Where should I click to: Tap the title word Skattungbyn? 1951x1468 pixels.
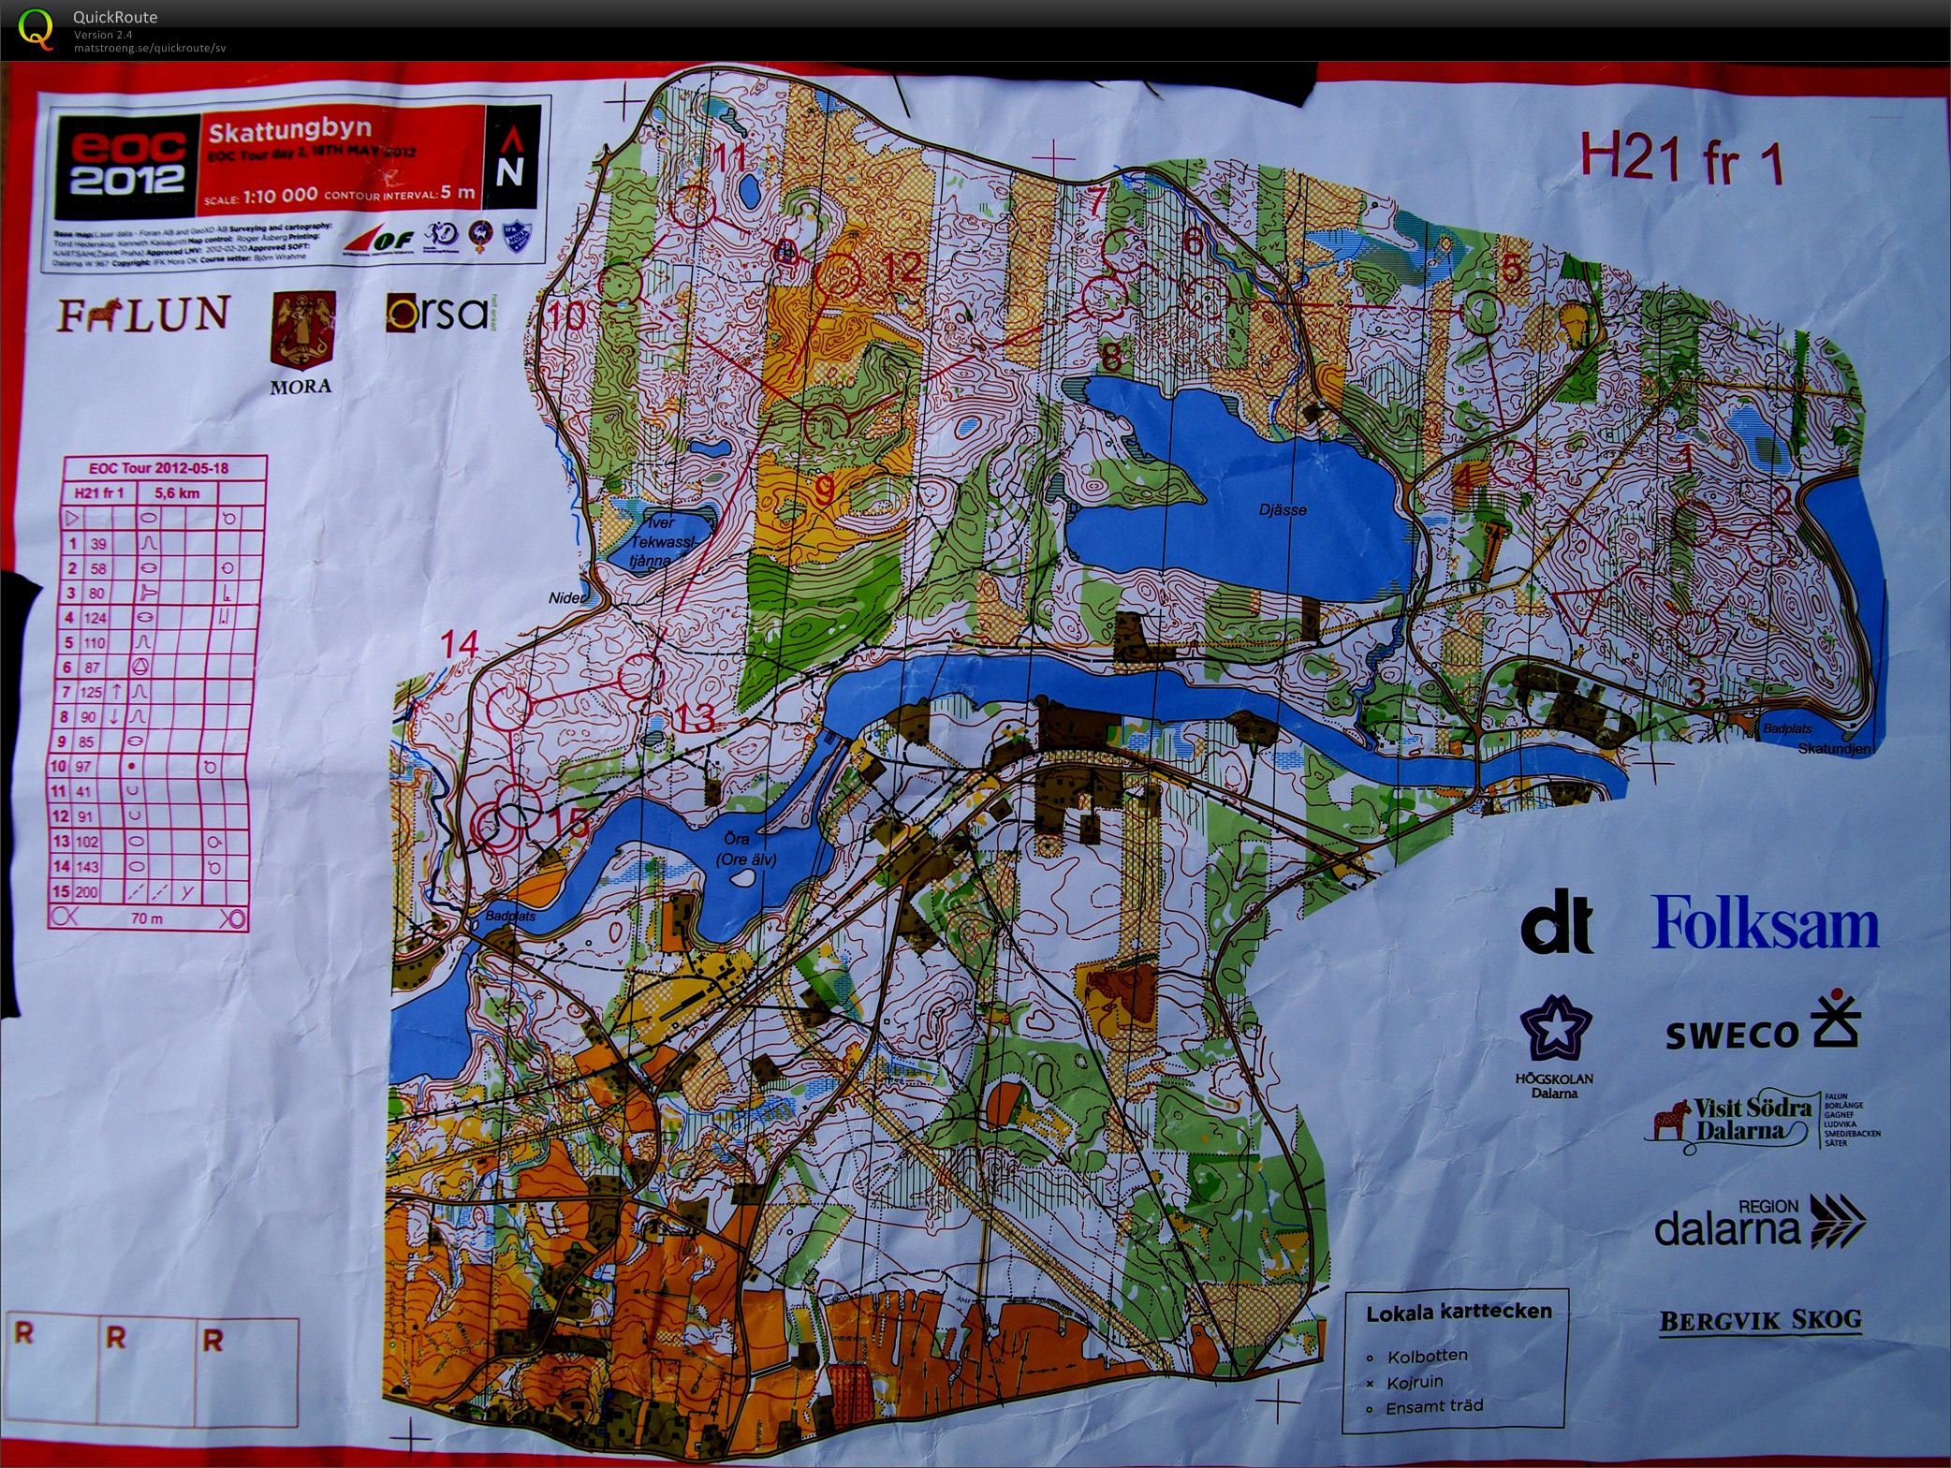[x=289, y=129]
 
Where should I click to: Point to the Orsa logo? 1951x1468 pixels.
[x=435, y=313]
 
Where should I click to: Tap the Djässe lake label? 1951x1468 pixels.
[x=1283, y=510]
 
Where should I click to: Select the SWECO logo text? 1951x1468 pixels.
[x=1732, y=1035]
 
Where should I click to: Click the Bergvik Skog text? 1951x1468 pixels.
[x=1760, y=1321]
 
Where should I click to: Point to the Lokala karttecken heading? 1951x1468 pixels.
[x=1459, y=1313]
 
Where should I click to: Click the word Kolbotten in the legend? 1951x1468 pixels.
[x=1428, y=1356]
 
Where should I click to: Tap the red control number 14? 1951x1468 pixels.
[x=460, y=644]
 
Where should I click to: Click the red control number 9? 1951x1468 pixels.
[x=824, y=489]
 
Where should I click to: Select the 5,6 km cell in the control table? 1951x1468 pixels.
[x=177, y=492]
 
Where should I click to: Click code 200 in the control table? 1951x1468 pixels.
[x=85, y=892]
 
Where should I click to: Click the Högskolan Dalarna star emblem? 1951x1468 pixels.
[x=1555, y=1029]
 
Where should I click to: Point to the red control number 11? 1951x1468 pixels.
[x=731, y=155]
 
